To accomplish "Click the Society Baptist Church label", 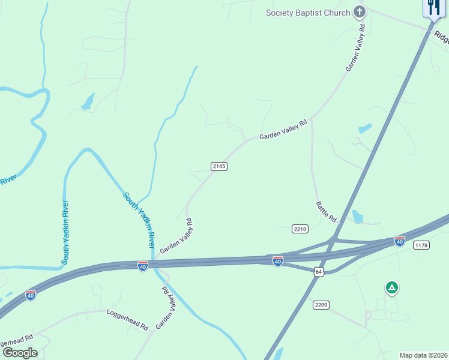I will (x=308, y=13).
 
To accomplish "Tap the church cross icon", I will (x=359, y=12).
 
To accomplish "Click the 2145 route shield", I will (x=219, y=166).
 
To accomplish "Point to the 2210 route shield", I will (x=300, y=229).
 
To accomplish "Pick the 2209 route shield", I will (x=321, y=305).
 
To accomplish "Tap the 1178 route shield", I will (x=422, y=245).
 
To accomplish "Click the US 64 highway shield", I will (x=319, y=272).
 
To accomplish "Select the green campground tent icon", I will (x=391, y=289).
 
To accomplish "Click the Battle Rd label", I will (x=326, y=212).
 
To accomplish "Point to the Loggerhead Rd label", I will (x=127, y=320).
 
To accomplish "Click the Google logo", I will (x=20, y=353).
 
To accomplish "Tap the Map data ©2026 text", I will (x=423, y=355).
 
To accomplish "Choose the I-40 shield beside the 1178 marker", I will (x=399, y=241).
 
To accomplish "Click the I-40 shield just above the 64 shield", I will (x=277, y=261).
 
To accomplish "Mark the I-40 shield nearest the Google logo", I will (x=31, y=295).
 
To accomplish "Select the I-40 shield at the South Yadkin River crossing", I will (x=143, y=265).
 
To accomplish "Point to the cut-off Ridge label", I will (x=442, y=37).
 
